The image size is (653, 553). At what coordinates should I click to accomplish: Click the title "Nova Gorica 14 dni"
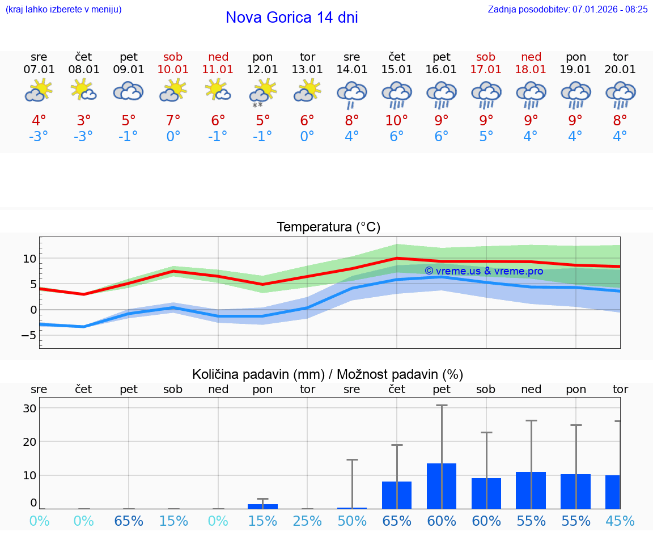tap(291, 18)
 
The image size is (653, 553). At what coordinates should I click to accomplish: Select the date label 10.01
tap(173, 69)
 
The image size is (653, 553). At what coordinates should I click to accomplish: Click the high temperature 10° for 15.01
tap(396, 120)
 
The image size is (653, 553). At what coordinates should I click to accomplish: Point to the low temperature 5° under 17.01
tap(486, 136)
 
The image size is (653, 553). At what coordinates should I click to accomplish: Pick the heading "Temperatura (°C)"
tap(328, 227)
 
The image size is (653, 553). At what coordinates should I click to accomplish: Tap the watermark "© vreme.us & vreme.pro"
tap(484, 271)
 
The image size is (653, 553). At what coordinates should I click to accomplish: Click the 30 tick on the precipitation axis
tap(29, 408)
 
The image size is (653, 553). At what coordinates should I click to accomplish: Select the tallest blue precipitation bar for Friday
tap(442, 486)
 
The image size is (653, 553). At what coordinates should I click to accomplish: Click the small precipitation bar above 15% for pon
tap(262, 506)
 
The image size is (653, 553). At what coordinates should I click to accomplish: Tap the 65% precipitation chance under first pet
tap(129, 521)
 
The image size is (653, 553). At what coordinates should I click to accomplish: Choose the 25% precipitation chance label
tap(307, 521)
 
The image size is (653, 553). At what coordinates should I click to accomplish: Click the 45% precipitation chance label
tap(620, 521)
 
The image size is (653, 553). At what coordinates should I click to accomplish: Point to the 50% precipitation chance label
tap(352, 521)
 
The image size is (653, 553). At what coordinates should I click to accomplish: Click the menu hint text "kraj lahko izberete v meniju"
tap(63, 9)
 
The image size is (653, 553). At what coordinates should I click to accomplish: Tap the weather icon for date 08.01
tap(83, 90)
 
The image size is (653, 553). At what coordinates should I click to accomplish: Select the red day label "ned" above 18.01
tap(531, 57)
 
